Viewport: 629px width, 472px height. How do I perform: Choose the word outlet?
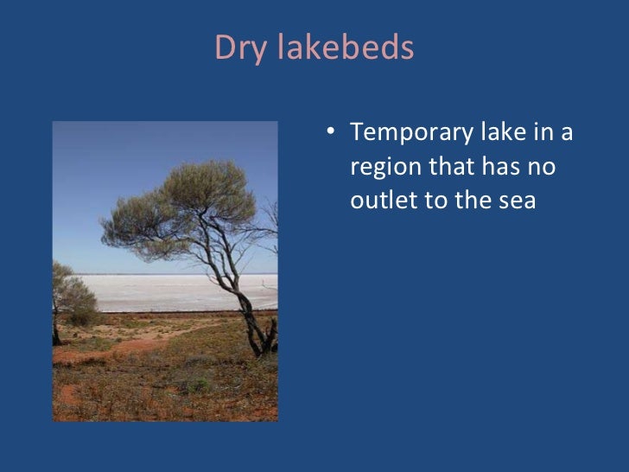(381, 200)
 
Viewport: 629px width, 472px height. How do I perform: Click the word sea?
(517, 200)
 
